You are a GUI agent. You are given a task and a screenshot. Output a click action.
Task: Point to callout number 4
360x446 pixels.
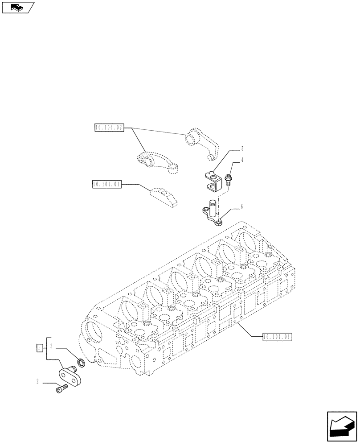[x=242, y=160]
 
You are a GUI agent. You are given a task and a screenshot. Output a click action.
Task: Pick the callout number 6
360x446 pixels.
[x=241, y=206]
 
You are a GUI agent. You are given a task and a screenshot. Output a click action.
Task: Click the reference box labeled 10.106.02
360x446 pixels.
[x=109, y=128]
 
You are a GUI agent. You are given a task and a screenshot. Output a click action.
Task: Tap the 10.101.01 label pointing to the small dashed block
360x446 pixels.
[x=106, y=184]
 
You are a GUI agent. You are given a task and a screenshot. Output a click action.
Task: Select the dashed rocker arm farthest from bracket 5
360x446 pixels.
[x=157, y=161]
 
